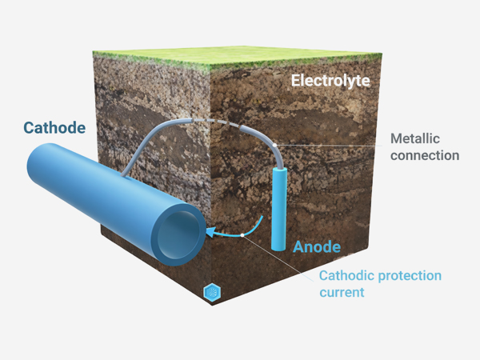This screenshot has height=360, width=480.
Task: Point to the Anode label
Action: [x=317, y=246]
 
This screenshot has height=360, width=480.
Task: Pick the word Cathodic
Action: [x=347, y=275]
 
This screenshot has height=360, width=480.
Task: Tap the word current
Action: [x=342, y=293]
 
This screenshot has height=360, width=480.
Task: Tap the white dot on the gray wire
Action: [x=274, y=145]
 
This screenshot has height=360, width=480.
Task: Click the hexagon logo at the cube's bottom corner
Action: [x=212, y=292]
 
